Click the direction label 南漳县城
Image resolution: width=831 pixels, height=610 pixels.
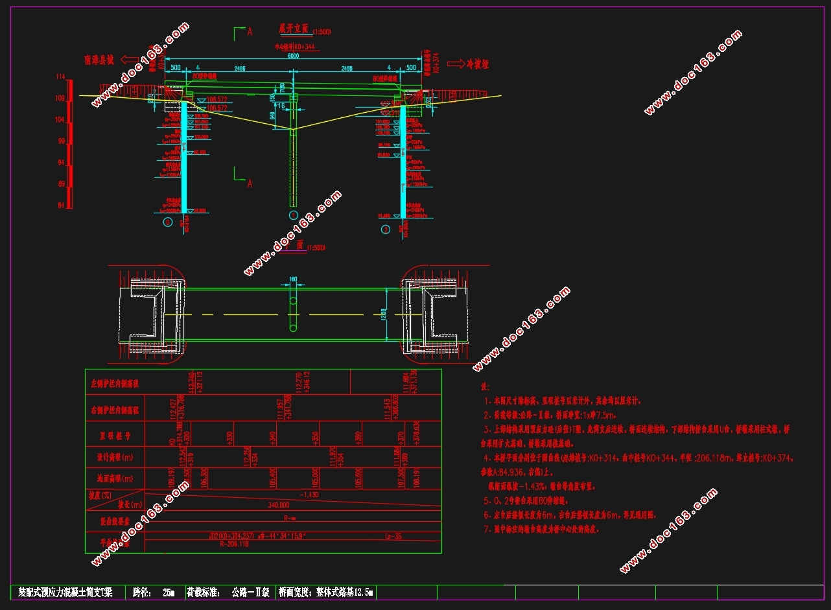point(99,60)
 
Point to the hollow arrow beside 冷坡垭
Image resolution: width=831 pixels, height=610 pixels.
point(456,64)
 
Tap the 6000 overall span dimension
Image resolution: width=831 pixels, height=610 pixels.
point(293,56)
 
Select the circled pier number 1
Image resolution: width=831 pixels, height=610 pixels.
point(293,215)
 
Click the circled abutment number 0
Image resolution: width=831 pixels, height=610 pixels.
point(168,222)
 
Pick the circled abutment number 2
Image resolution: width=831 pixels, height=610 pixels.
point(386,229)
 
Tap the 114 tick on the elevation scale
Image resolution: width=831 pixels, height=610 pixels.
point(60,77)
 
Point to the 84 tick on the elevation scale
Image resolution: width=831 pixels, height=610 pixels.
point(60,205)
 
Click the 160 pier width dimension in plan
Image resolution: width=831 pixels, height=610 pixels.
point(292,279)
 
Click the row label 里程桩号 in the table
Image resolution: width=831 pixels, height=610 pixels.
point(114,434)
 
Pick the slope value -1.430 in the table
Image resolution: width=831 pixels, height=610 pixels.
point(309,494)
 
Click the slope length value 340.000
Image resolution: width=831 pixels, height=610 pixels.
point(277,504)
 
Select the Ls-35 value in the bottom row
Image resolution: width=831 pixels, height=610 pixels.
point(393,536)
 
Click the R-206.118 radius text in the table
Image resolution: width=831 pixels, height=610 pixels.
point(235,545)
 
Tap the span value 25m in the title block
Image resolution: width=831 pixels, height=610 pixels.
point(169,592)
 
